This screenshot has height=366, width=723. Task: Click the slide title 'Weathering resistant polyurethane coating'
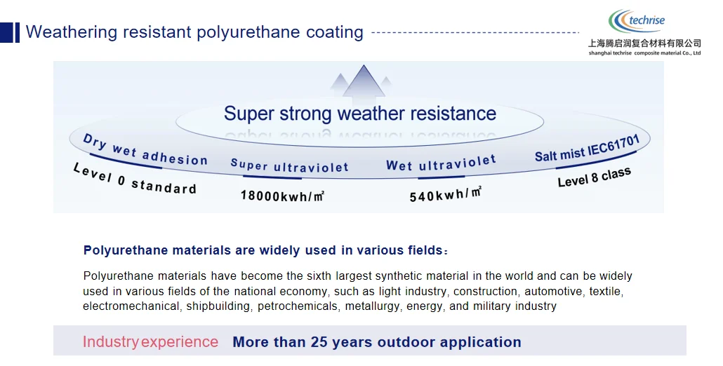click(194, 32)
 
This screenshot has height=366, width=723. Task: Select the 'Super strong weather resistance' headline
click(359, 114)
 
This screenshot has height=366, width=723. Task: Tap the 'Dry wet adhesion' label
click(145, 150)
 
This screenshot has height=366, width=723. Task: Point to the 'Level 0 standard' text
click(134, 179)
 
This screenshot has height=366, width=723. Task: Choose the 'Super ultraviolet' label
click(289, 166)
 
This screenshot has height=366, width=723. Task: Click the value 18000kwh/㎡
click(282, 196)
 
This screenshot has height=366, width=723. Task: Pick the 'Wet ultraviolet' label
click(441, 164)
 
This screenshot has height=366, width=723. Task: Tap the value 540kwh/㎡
click(445, 194)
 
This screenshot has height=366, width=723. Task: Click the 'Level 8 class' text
click(594, 177)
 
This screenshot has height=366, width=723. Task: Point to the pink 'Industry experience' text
click(150, 342)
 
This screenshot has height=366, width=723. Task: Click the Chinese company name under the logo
click(644, 43)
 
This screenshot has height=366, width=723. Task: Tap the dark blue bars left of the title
click(10, 32)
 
